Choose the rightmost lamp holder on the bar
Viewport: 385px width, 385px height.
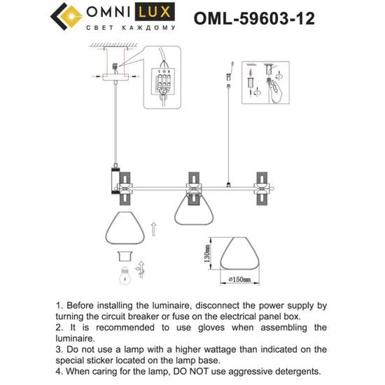click(x=262, y=185)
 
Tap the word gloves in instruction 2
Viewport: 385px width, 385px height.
click(x=205, y=327)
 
